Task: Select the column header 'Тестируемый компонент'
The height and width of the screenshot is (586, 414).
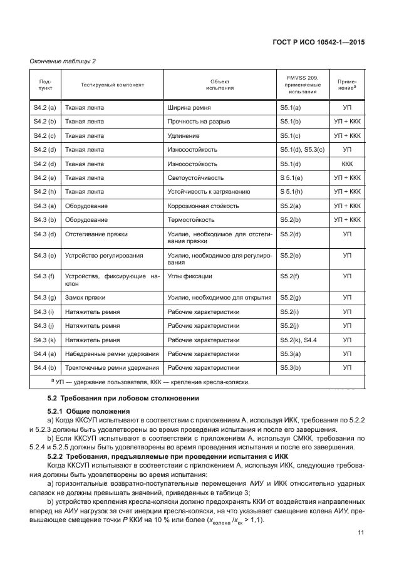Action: pyautogui.click(x=112, y=85)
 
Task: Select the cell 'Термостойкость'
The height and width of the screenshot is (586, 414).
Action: pyautogui.click(x=191, y=220)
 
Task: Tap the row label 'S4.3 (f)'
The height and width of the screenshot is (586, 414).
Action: pyautogui.click(x=44, y=276)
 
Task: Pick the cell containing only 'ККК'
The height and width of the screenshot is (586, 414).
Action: pyautogui.click(x=347, y=164)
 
